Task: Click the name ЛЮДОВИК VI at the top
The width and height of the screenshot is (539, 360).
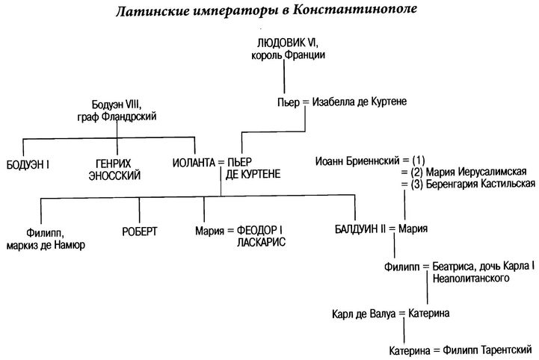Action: pos(288,43)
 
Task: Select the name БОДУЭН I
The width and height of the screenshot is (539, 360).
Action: pos(28,165)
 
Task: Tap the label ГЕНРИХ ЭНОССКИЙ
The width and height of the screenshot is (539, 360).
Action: pos(114,170)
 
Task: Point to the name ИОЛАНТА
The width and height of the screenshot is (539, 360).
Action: pos(194,163)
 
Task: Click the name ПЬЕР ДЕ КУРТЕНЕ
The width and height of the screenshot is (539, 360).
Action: pos(253,168)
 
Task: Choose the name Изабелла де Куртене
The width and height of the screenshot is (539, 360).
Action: pos(360,102)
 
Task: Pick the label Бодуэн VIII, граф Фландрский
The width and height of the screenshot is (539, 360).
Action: pos(117,111)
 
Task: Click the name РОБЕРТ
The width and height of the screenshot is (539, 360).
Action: pos(140,232)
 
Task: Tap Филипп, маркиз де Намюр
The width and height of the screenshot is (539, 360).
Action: pos(46,239)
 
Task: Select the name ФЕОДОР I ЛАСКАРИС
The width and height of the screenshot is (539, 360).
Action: pos(261,236)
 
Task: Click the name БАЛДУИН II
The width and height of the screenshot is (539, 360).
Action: pos(360,229)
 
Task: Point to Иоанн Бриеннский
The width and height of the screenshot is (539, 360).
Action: pos(357,161)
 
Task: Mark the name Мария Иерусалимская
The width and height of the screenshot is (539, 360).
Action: pos(476,172)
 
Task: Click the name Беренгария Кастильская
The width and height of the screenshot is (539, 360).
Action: pos(481,184)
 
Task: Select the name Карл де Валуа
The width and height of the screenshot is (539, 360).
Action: pos(363,314)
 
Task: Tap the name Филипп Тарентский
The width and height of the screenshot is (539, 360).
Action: pos(487,350)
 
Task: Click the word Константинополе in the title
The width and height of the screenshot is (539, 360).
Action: pos(355,10)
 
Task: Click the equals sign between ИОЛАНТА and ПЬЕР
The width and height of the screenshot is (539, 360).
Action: pos(221,163)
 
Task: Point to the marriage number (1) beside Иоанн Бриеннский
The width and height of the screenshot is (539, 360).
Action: pos(418,161)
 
